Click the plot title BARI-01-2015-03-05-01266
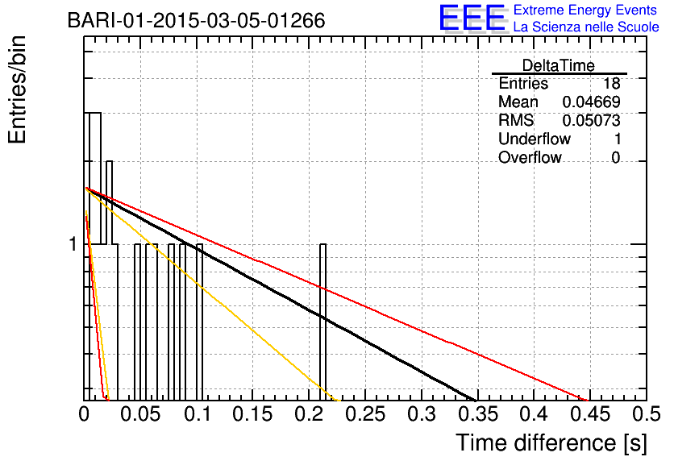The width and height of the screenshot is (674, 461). tap(197, 21)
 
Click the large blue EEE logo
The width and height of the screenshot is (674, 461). tap(472, 19)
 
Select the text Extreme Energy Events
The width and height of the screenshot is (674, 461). tap(585, 10)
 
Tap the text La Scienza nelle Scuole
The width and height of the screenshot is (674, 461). tap(586, 27)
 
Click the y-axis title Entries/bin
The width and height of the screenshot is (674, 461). tap(17, 89)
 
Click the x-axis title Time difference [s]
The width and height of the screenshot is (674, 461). tap(551, 442)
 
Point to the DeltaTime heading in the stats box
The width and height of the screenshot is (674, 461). tap(559, 65)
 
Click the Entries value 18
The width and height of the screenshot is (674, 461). tap(611, 83)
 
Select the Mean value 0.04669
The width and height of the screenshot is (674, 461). tap(591, 102)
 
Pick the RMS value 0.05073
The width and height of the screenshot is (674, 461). tap(591, 120)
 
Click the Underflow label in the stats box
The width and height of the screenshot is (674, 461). tap(535, 139)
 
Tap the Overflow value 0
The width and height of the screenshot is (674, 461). tap(615, 158)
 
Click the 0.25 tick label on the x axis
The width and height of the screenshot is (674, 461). tap(365, 414)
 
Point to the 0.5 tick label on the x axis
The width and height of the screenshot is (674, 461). tap(647, 414)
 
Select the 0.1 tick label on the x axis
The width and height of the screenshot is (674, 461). tap(198, 414)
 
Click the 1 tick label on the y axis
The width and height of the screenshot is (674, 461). tap(73, 244)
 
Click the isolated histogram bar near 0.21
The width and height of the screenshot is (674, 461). tap(322, 322)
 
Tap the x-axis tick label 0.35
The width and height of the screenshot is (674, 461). tap(478, 414)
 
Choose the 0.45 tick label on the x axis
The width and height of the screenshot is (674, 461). tap(590, 414)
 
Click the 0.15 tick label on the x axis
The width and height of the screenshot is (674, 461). tap(252, 414)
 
